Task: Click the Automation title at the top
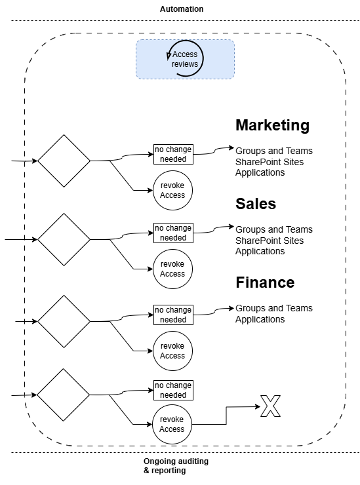[182, 9]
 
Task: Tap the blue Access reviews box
[185, 59]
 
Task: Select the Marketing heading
[272, 125]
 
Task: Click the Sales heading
[256, 204]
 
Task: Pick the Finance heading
[265, 282]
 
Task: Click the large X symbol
[271, 406]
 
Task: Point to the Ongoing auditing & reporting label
[176, 466]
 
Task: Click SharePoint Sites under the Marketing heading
[270, 162]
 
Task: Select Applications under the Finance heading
[260, 319]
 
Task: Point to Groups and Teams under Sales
[274, 229]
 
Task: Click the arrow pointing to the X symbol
[226, 416]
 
